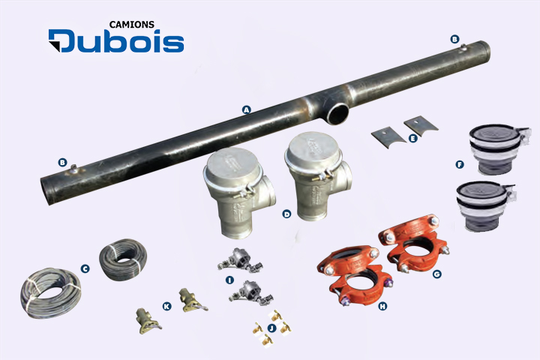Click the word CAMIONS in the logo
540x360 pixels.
coord(131,25)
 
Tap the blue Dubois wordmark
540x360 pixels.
coord(116,41)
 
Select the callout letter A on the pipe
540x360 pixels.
coord(246,110)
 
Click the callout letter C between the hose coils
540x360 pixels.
coord(85,268)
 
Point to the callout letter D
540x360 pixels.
coord(286,214)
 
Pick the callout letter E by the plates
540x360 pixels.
coord(412,138)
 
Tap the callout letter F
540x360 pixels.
coord(460,165)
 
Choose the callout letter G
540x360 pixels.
coord(437,274)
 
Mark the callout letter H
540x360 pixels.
coord(382,306)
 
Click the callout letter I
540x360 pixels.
coord(229,280)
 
